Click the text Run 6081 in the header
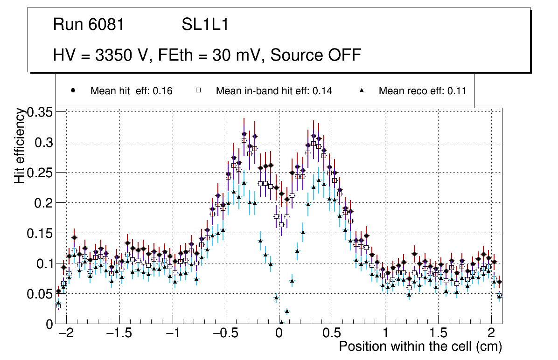(89, 25)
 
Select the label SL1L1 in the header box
(205, 25)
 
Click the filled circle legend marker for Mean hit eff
(73, 91)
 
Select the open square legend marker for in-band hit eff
(198, 91)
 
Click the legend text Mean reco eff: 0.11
(422, 91)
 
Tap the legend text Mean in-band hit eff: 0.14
(274, 91)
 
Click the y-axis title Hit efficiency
(20, 145)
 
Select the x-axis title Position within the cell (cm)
(420, 346)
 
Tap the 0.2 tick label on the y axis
(44, 203)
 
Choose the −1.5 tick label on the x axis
(119, 333)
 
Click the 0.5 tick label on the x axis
(332, 333)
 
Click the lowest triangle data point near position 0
(281, 322)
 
